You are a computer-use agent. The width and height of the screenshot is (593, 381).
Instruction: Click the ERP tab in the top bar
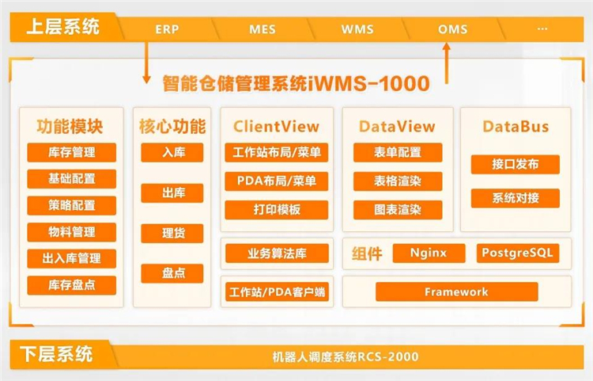[x=167, y=29]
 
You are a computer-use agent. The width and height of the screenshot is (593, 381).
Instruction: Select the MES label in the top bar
[x=263, y=29]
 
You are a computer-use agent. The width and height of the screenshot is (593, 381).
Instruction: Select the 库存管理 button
[x=72, y=152]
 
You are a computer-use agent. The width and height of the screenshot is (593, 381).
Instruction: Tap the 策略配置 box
[x=72, y=205]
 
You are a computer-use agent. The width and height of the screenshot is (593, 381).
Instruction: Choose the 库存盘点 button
[x=72, y=285]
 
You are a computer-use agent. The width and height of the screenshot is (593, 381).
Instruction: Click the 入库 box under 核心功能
[x=172, y=152]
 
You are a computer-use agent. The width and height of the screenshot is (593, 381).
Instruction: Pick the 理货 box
[x=172, y=233]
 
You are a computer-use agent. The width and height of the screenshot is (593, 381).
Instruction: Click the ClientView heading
[x=276, y=126]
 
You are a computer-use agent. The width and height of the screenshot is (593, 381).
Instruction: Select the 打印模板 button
[x=276, y=210]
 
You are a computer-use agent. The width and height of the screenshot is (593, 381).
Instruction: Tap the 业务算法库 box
[x=276, y=253]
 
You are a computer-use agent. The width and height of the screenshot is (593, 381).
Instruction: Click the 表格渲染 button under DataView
[x=398, y=181]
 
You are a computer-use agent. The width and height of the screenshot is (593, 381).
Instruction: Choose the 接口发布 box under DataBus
[x=515, y=164]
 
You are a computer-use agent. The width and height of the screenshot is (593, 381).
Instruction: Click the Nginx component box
[x=429, y=253]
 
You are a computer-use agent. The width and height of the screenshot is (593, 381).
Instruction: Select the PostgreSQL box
[x=519, y=253]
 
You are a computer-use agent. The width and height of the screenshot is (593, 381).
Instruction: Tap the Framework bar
[x=456, y=291]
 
